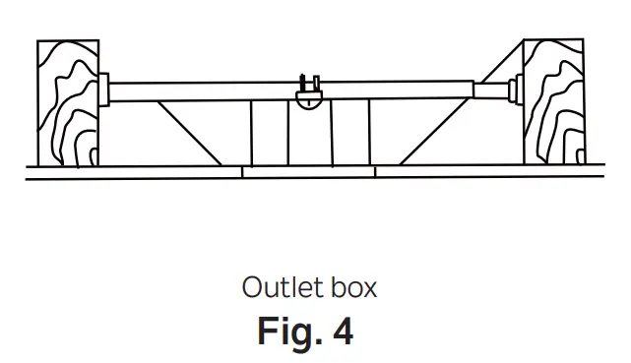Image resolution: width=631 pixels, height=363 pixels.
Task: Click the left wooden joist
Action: (x=67, y=103)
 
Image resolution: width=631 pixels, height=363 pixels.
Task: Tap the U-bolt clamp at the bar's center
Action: (x=310, y=83)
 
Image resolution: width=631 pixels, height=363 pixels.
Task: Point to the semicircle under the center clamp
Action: (x=310, y=100)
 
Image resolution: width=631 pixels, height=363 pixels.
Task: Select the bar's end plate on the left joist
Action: (x=102, y=91)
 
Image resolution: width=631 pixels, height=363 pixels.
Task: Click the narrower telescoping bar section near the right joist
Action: (x=490, y=91)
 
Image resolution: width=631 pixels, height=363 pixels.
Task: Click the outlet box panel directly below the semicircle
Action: (x=310, y=138)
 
